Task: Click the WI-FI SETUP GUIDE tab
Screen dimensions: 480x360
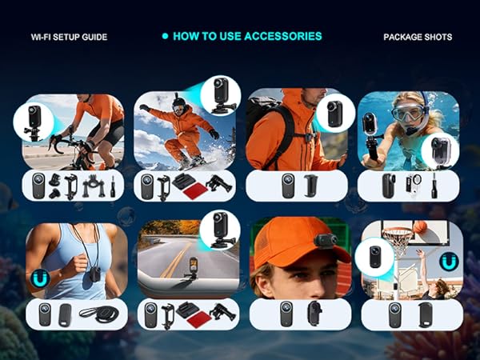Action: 69,37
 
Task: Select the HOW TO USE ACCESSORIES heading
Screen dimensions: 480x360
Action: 247,36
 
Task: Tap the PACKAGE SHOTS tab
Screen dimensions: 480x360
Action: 418,37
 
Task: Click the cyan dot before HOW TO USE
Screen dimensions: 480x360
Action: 165,36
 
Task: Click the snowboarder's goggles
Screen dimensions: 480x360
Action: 178,108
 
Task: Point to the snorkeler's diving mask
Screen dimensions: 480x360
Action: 408,112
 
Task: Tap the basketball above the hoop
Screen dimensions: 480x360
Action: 420,227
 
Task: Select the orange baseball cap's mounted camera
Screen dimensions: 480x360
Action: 325,242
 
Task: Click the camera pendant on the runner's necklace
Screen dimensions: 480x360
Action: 95,274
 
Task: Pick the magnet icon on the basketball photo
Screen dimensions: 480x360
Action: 449,262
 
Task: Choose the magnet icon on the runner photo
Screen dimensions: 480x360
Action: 40,278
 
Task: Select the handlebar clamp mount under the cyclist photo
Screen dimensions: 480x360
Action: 94,186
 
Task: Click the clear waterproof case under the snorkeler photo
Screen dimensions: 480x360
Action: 414,186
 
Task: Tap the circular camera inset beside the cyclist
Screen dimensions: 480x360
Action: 34,122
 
